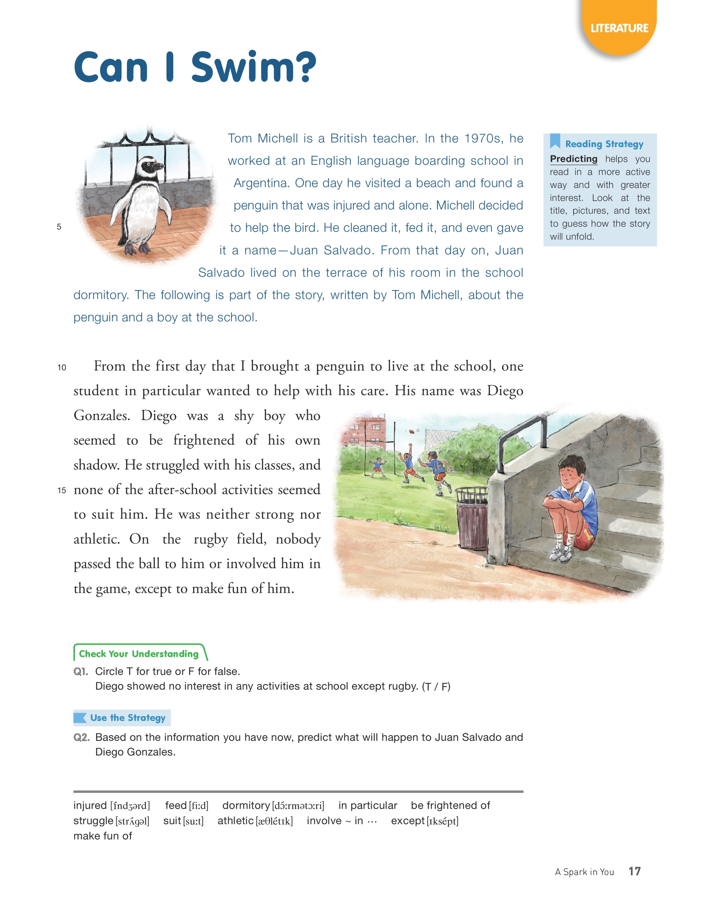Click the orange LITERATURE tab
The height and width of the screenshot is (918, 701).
[619, 28]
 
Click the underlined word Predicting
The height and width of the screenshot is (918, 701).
[573, 159]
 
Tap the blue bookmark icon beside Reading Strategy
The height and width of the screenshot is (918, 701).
[555, 141]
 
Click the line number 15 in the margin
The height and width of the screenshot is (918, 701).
[62, 490]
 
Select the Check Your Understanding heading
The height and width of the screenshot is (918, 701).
[139, 653]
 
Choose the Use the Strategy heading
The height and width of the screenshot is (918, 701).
[127, 718]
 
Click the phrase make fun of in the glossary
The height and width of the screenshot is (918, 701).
[103, 836]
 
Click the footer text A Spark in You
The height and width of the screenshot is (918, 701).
[584, 872]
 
